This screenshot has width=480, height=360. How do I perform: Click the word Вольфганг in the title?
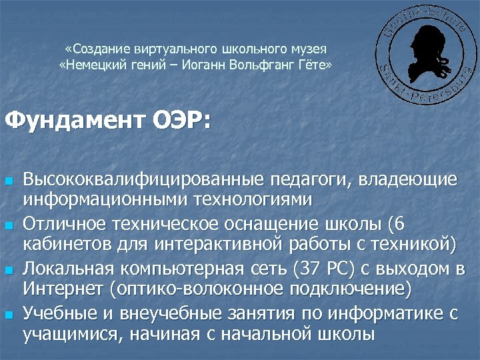tap(261, 65)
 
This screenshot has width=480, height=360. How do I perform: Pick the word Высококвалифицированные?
tap(143, 179)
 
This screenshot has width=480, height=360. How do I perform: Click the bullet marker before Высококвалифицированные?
tap(9, 181)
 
